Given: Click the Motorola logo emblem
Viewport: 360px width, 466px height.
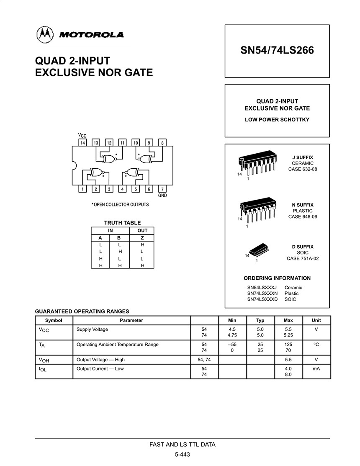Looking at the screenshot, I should tap(45, 34).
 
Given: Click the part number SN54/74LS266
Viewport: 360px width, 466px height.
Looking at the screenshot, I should tap(277, 51).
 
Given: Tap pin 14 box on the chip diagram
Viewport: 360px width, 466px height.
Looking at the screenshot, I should tap(83, 143).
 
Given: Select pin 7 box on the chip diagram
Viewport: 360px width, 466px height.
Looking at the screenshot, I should tap(162, 189).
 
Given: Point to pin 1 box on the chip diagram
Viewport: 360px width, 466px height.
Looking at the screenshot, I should tap(83, 189).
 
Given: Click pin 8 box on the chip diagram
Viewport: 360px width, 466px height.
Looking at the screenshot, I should tap(162, 143).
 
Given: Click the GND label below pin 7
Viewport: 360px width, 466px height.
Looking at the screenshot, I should tap(162, 196).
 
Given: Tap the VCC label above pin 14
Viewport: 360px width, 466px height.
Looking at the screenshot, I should tap(82, 136).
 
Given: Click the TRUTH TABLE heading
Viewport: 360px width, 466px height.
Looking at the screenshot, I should tap(122, 223).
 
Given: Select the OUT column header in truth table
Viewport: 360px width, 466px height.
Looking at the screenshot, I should tap(142, 231).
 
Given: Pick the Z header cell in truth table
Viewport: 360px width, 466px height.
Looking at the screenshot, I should tap(142, 237).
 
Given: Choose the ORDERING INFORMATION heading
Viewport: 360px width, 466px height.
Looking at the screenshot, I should tap(277, 278).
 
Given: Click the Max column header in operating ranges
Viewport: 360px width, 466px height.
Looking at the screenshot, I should tap(288, 320).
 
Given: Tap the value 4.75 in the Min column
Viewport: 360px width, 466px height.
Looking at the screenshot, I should tap(232, 335).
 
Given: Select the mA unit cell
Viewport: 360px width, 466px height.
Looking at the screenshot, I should tap(316, 369).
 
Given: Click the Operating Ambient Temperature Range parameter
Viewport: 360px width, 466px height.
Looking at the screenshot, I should tap(117, 345).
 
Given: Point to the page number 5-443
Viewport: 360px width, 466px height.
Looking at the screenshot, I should tap(183, 455).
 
